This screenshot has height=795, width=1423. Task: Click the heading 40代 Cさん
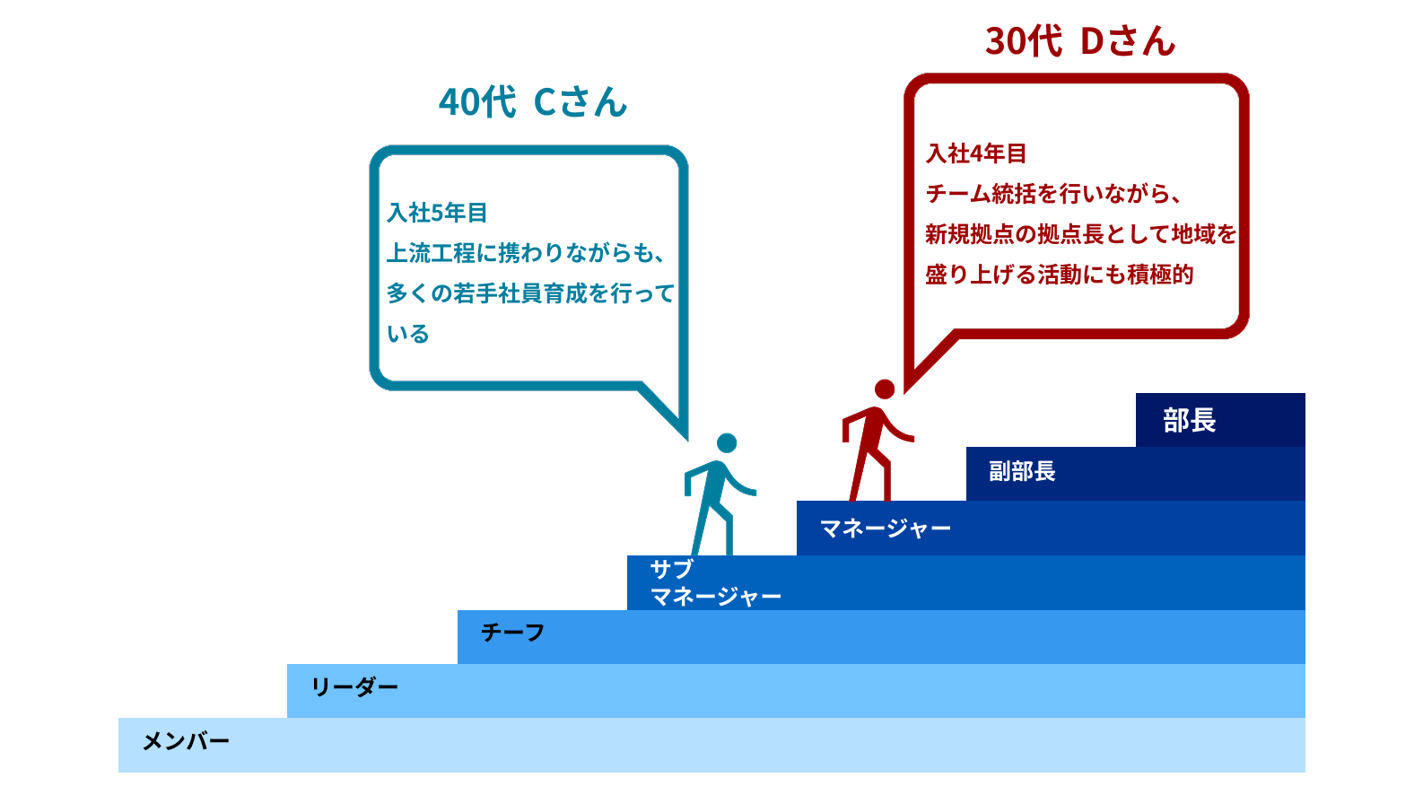click(x=533, y=102)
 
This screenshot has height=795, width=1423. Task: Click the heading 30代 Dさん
click(x=1080, y=41)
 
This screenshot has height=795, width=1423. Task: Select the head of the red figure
click(x=885, y=389)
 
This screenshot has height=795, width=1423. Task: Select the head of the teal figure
click(x=727, y=443)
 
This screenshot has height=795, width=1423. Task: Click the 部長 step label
click(x=1189, y=420)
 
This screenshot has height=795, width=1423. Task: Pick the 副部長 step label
click(x=1022, y=471)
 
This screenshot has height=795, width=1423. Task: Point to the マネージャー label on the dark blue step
click(x=885, y=529)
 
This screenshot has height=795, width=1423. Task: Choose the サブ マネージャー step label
click(x=714, y=582)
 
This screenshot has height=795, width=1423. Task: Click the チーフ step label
click(x=512, y=633)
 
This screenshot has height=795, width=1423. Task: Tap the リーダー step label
click(x=354, y=687)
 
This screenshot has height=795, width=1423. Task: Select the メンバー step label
click(x=186, y=741)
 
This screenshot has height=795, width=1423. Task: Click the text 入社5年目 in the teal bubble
click(x=437, y=213)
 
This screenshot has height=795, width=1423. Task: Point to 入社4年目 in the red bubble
click(x=976, y=153)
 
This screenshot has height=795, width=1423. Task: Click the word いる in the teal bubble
click(x=408, y=334)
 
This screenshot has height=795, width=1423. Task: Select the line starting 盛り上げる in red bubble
click(x=1059, y=275)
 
